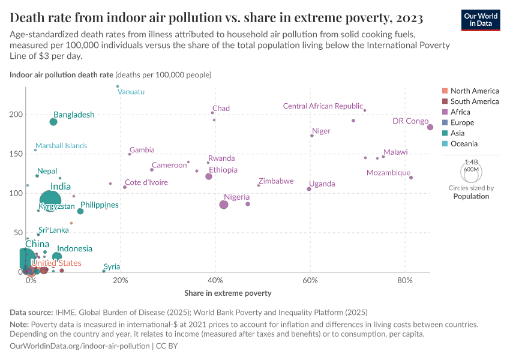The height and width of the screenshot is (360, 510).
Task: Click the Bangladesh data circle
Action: point(53,122)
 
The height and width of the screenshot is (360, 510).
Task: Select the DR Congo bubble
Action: point(430,127)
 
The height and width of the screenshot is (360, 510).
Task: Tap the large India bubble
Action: point(51,200)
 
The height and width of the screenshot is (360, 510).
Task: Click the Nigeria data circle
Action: point(224,205)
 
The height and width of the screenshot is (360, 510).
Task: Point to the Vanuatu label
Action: point(131,92)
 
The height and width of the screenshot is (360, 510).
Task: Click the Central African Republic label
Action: point(323,106)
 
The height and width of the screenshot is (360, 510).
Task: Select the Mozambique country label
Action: point(388,173)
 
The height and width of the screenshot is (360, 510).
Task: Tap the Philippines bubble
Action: point(80,211)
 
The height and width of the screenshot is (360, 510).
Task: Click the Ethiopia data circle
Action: point(209,176)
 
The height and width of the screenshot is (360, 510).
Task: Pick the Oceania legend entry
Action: point(464,144)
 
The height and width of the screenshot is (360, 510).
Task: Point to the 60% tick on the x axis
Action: point(310,281)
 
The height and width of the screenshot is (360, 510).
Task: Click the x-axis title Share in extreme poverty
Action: point(228,293)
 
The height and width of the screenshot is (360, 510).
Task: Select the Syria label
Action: point(112,266)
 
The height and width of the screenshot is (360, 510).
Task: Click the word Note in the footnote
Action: point(20,324)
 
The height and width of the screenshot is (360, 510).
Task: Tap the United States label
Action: point(56,263)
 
